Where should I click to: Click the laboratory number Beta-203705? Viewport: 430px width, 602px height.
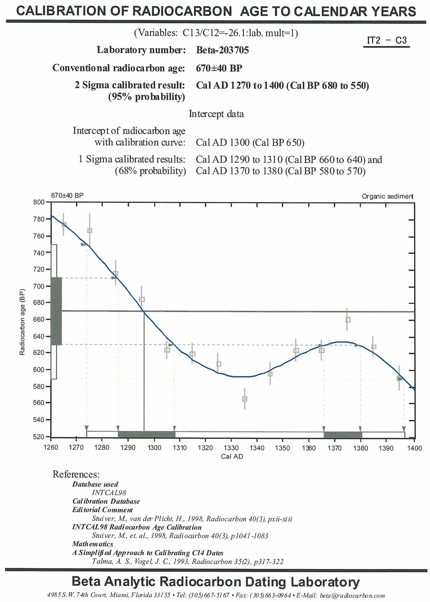pyautogui.click(x=222, y=50)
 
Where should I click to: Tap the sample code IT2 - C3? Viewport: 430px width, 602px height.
pyautogui.click(x=386, y=40)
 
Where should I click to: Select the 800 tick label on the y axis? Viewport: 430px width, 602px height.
pyautogui.click(x=39, y=202)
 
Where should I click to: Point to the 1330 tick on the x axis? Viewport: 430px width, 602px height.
pyautogui.click(x=231, y=448)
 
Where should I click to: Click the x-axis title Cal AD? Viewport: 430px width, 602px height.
pyautogui.click(x=232, y=456)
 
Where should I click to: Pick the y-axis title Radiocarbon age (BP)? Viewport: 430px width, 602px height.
pyautogui.click(x=22, y=322)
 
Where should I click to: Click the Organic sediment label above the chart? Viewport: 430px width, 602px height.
pyautogui.click(x=387, y=196)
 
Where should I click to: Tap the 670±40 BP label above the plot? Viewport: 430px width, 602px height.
pyautogui.click(x=67, y=196)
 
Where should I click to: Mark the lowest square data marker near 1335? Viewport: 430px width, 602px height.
pyautogui.click(x=245, y=399)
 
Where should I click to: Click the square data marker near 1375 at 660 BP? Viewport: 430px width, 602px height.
pyautogui.click(x=348, y=320)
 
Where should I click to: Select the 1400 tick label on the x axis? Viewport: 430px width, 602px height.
pyautogui.click(x=414, y=448)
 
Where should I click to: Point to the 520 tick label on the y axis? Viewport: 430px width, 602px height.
pyautogui.click(x=39, y=437)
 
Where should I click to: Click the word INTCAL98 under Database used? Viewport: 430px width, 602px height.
pyautogui.click(x=109, y=493)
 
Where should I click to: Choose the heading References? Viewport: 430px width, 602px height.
pyautogui.click(x=76, y=474)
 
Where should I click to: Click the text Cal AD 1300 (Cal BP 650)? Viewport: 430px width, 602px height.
pyautogui.click(x=250, y=142)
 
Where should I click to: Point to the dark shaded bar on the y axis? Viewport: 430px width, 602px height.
pyautogui.click(x=56, y=311)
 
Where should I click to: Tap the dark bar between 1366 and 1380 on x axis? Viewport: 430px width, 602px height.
pyautogui.click(x=343, y=434)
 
